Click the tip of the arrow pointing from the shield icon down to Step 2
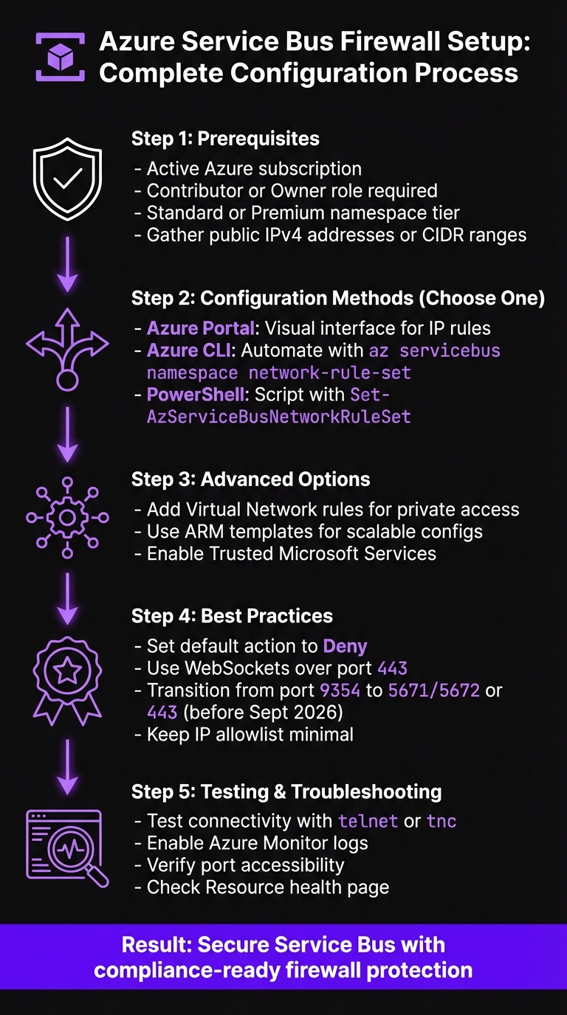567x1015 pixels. tap(67, 291)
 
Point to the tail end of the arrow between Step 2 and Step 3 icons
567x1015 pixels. tap(67, 407)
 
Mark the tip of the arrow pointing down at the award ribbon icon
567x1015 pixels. tap(67, 626)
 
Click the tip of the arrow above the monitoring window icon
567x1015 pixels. tap(67, 794)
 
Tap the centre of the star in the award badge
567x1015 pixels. tap(68, 671)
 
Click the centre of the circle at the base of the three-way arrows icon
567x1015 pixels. tap(67, 379)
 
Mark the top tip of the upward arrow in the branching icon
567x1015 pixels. tap(67, 308)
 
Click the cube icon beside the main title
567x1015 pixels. tap(61, 58)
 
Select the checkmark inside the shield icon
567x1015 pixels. tap(68, 178)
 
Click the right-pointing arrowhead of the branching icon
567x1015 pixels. tap(100, 343)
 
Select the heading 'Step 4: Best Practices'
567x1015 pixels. tap(233, 616)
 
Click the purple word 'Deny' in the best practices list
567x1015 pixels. tap(345, 647)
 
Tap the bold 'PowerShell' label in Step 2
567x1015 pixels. tap(196, 395)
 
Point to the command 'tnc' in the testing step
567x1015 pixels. tap(441, 821)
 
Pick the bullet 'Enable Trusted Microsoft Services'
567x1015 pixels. tap(285, 554)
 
